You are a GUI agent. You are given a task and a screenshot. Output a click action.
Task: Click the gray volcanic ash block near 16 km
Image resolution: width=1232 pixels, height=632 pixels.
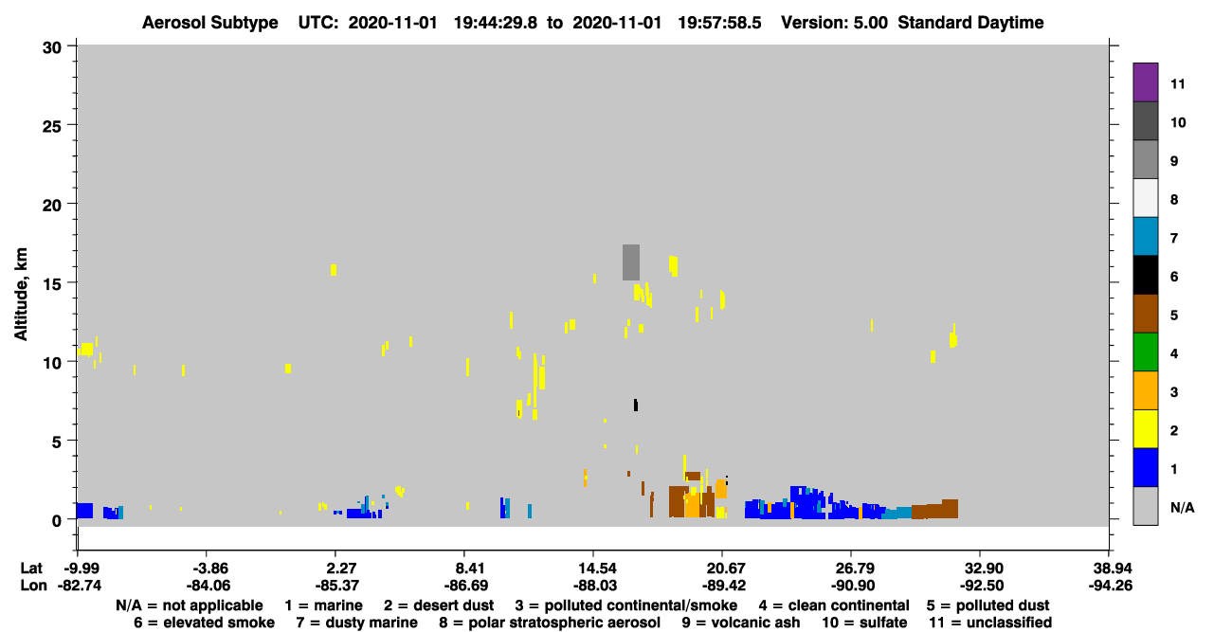point(631,262)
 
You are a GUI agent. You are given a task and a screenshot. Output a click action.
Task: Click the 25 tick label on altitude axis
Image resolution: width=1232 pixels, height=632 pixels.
point(52,126)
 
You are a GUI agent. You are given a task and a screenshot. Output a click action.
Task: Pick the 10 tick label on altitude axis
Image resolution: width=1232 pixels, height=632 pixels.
point(52,363)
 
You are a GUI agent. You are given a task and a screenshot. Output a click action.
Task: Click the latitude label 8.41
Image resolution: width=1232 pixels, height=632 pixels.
point(464,569)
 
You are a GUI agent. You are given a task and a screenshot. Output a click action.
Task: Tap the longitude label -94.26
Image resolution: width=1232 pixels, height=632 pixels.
point(1110,586)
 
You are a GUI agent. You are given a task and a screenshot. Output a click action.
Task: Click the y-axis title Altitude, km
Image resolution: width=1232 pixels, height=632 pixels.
point(21,294)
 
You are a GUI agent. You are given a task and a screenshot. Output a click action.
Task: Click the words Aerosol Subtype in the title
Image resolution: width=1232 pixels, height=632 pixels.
point(210,23)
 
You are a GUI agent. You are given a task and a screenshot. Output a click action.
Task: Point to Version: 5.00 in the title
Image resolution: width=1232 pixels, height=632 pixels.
point(834,23)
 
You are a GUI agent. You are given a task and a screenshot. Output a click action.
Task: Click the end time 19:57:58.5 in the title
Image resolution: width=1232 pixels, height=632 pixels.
point(719,23)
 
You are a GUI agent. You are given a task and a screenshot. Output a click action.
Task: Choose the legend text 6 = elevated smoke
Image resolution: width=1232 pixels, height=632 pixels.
point(204,623)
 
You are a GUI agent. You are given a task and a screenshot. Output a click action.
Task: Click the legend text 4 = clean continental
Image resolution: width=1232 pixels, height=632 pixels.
point(834,605)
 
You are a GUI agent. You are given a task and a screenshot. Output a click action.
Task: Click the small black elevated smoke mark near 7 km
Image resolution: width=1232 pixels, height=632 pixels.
point(636,405)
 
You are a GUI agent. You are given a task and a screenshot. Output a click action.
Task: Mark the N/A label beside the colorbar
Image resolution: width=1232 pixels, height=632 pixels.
point(1182,507)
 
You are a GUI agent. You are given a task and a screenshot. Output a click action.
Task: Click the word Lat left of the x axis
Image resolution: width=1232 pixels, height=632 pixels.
point(31,569)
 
